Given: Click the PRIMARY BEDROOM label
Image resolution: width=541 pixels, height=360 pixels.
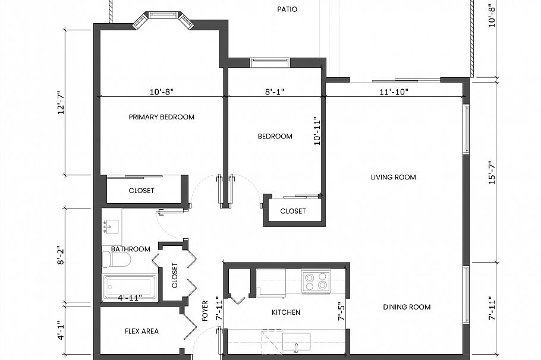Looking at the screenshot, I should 161,117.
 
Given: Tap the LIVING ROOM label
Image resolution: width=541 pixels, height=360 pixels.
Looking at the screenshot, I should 393,177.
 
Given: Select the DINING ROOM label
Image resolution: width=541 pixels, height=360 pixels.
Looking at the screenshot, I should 407,307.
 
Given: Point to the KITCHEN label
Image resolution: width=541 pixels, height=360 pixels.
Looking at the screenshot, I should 285,312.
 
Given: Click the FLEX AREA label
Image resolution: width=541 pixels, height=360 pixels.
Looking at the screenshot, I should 141,331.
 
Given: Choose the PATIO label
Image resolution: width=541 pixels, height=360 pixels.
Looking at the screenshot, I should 287,10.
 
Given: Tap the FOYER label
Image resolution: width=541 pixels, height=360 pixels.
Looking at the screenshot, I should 205,310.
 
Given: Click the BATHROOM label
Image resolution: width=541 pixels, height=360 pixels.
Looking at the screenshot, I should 130,249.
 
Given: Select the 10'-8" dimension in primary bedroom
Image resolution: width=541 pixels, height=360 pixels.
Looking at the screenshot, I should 161,92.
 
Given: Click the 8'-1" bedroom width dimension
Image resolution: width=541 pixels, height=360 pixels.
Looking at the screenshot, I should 275,92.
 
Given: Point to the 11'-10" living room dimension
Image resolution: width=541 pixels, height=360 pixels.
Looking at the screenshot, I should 393,92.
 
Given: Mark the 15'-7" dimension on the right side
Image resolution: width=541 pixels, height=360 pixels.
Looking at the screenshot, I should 492,172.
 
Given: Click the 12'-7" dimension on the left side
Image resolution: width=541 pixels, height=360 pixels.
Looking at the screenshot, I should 61,103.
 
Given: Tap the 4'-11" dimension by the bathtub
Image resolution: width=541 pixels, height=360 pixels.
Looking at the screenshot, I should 130,298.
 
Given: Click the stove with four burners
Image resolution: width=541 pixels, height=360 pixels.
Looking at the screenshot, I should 316,280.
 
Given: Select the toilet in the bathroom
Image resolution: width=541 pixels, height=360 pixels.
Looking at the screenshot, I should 115,260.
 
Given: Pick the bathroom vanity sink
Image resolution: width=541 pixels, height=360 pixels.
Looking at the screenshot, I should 111,226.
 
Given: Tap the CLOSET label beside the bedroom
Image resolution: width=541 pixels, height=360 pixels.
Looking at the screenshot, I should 292,211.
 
